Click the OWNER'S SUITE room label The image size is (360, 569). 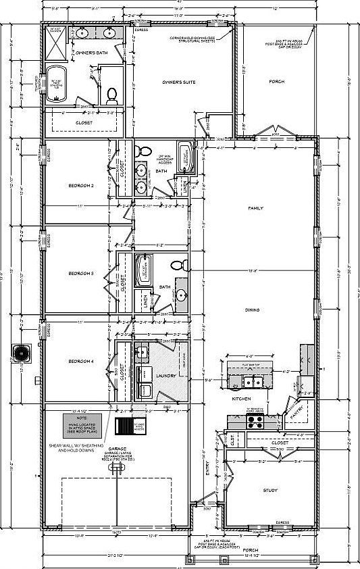[x=179, y=82]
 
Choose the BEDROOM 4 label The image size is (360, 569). [x=80, y=362]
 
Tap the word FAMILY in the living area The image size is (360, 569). [x=255, y=208]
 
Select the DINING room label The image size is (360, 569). [x=253, y=310]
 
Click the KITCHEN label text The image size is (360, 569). [x=242, y=399]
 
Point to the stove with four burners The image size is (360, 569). [x=256, y=422]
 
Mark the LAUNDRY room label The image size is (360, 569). [x=165, y=376]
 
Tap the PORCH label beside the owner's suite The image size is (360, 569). [x=276, y=82]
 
